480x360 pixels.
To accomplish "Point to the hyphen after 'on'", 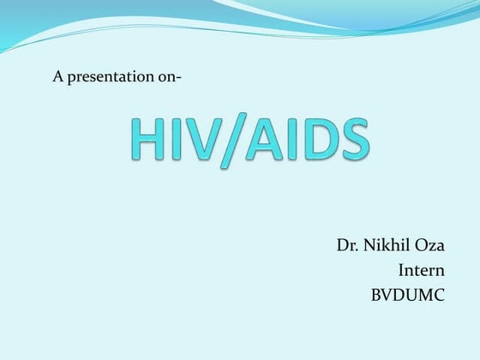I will (178, 78).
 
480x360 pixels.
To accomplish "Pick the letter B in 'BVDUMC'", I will (375, 296).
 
